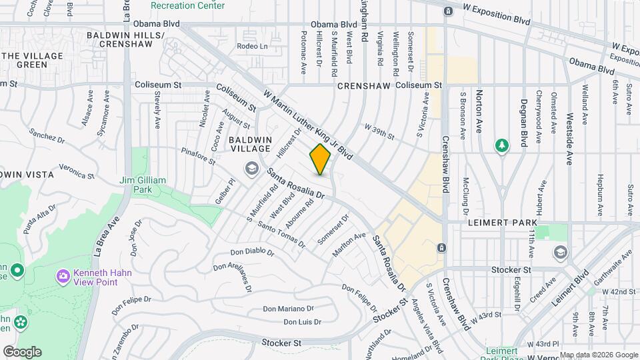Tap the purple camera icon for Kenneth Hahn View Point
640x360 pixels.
point(63,275)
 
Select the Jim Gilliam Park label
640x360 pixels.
point(143,185)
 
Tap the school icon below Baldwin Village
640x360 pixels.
point(251,167)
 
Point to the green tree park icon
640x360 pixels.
point(501,145)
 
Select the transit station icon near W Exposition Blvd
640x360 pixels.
point(449,11)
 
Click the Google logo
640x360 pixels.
point(22,352)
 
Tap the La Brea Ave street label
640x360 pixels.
point(106,237)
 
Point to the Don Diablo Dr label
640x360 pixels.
point(252,252)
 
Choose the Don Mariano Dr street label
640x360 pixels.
point(288,309)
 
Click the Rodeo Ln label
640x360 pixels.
point(253,46)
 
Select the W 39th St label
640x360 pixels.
point(379,127)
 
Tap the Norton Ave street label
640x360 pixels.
point(479,111)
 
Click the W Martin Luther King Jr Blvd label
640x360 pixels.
point(307,125)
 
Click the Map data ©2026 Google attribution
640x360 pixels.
point(599,355)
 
